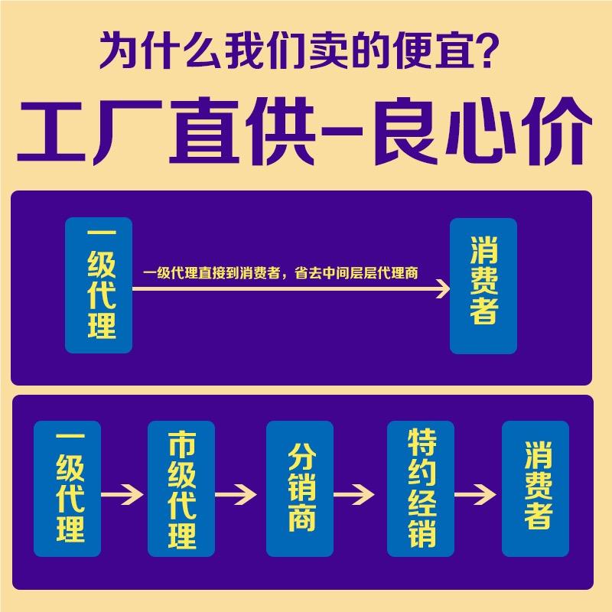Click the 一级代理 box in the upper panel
click(99, 285)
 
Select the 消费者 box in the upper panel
click(483, 285)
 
